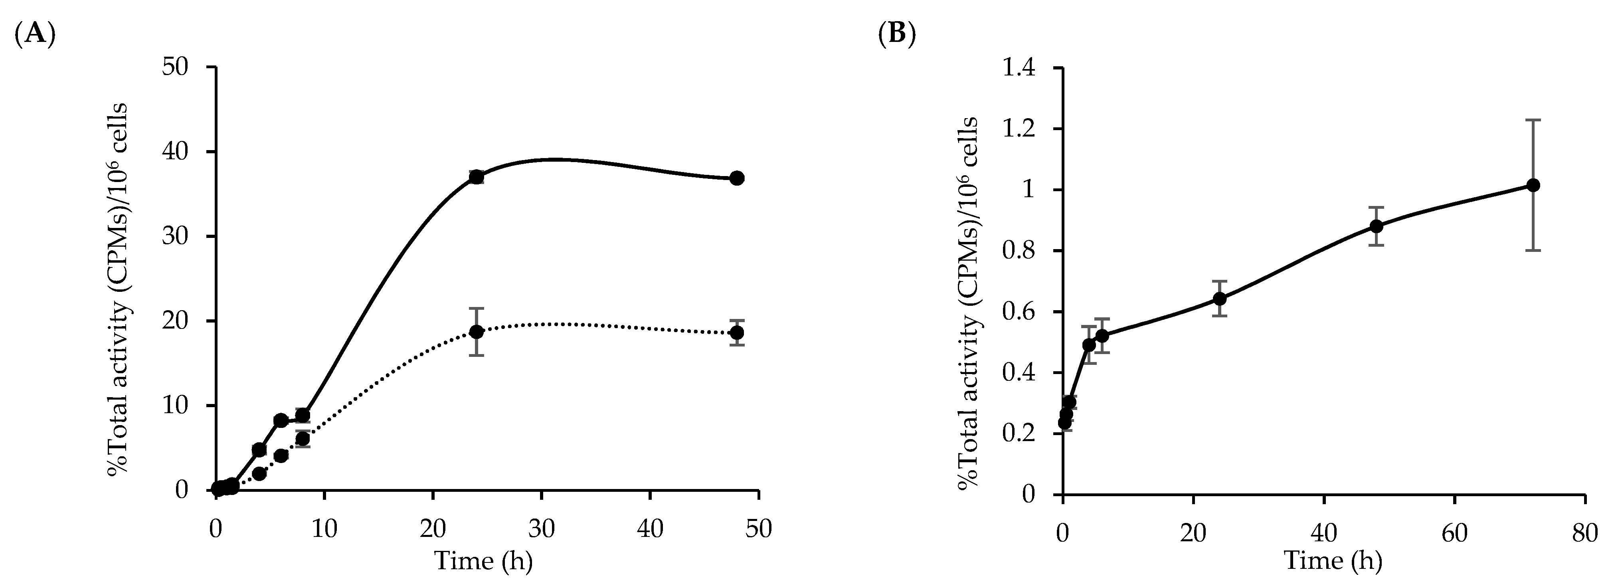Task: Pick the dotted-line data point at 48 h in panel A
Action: [738, 332]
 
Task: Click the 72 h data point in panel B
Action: [1533, 185]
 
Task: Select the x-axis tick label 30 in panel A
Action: [542, 530]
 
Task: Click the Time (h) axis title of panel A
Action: [484, 561]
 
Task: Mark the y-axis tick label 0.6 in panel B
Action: [1022, 312]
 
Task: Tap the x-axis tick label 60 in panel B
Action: [1455, 535]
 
